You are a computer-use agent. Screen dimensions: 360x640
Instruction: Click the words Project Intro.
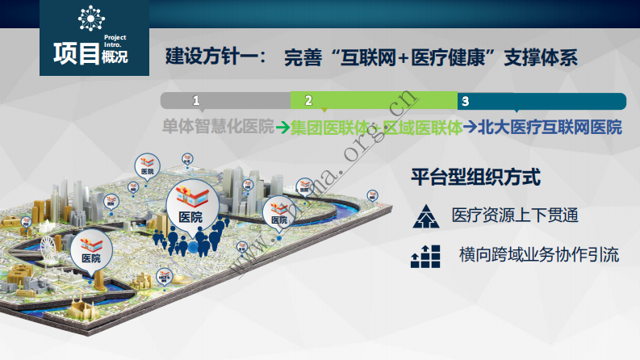[x=115, y=42]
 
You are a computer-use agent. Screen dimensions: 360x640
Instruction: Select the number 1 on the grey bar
[x=195, y=101]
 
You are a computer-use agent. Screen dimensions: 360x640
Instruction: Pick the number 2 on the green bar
[x=308, y=101]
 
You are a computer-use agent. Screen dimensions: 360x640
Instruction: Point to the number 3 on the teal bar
[x=465, y=101]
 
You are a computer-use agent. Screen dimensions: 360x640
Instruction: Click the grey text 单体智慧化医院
[x=218, y=127]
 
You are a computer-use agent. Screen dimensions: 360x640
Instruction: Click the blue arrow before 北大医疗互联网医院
[x=470, y=127]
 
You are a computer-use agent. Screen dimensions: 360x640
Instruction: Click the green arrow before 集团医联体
[x=282, y=127]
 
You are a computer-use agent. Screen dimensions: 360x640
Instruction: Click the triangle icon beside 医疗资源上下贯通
[x=424, y=216]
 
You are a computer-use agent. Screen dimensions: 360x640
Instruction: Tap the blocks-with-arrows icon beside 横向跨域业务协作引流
[x=425, y=256]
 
